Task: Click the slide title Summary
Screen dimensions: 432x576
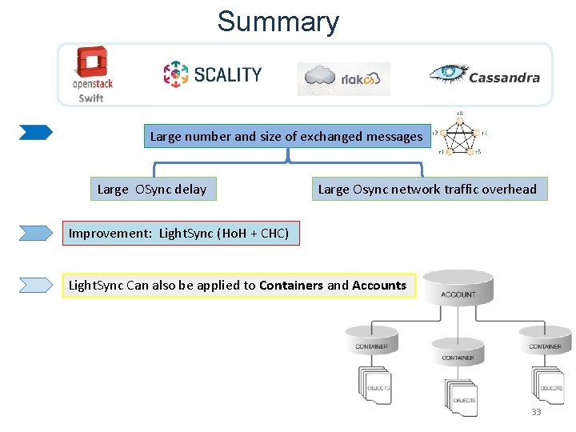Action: (x=278, y=22)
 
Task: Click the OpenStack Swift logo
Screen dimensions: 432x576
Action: (x=91, y=74)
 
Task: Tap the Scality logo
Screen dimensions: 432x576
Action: (x=212, y=74)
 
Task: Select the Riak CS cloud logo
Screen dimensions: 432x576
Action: (x=344, y=78)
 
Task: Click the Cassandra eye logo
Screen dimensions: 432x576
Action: (x=485, y=75)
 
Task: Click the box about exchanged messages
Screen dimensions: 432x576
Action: (x=286, y=137)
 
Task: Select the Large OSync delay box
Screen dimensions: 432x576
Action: (x=151, y=190)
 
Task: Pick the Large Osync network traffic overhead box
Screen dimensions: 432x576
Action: (x=427, y=190)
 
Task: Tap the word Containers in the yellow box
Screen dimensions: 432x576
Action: (x=291, y=286)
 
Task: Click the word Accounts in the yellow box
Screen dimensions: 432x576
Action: (x=379, y=286)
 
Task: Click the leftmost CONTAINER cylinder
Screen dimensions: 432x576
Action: (x=371, y=342)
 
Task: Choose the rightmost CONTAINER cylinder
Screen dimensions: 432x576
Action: (x=545, y=342)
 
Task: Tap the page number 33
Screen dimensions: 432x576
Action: (x=536, y=412)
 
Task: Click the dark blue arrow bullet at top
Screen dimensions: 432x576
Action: (x=36, y=133)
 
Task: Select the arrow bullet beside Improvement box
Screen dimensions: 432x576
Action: (x=36, y=234)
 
